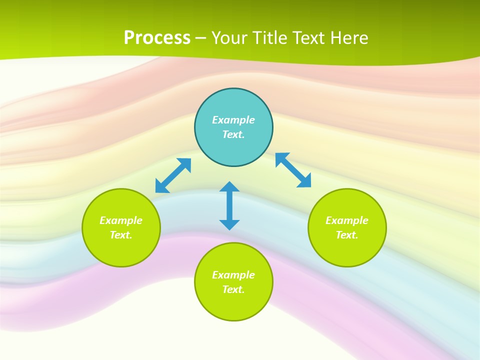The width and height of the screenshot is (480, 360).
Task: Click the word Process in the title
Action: pos(157,38)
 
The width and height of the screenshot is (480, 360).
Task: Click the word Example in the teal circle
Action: pos(233,120)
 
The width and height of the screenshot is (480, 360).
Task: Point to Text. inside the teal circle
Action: pos(233,134)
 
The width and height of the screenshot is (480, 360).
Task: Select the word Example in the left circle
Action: pos(121,220)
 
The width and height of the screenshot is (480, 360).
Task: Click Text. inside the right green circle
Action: pos(347,235)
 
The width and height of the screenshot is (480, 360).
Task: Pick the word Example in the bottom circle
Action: pos(233,275)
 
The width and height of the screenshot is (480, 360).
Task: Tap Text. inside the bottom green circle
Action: pos(233,289)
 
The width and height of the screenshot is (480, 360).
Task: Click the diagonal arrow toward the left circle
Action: pos(173,175)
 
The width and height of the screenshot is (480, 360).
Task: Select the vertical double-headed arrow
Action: pos(229,205)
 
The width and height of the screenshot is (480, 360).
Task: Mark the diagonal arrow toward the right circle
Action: pos(293,170)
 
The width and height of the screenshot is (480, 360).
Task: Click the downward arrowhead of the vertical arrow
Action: pos(229,224)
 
